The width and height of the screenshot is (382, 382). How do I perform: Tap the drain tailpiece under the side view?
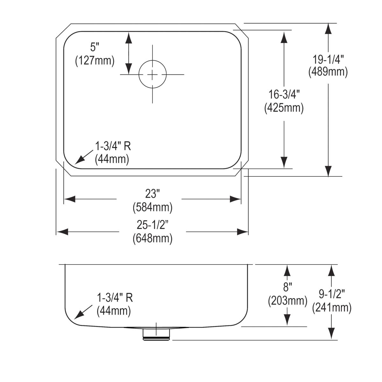coord(156,335)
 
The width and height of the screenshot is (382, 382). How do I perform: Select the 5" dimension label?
coord(95,47)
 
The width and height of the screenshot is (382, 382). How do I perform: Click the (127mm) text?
coord(95,60)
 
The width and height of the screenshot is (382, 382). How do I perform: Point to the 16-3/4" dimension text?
coord(284,95)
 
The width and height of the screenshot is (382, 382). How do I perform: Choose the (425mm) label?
coord(284,108)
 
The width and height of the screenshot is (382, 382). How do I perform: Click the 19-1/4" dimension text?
coord(328,59)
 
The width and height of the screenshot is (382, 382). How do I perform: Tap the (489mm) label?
coord(328,72)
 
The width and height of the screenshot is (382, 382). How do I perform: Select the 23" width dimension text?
coord(152,194)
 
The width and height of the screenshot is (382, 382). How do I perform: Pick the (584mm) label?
coord(152,207)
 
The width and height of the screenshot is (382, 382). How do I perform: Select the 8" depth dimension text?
coord(287,287)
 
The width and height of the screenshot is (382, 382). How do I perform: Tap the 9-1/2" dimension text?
coord(332,294)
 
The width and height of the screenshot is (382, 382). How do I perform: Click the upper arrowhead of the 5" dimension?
coord(128,37)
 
